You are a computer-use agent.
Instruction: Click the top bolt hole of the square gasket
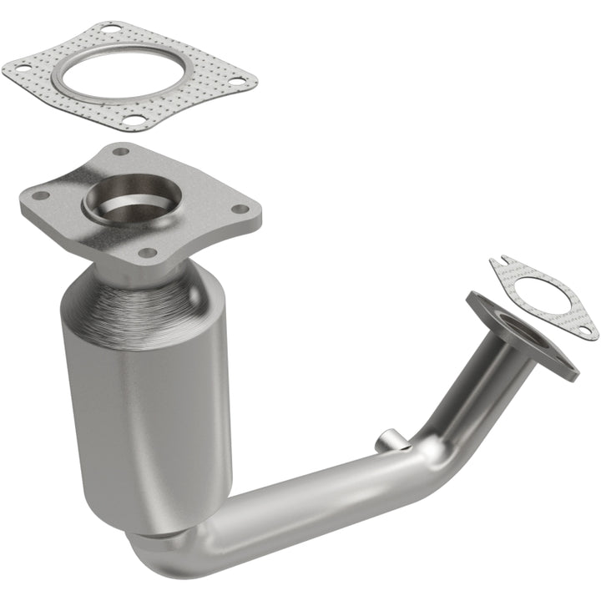tap(109, 29)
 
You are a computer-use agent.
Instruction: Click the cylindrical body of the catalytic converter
tap(146, 392)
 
